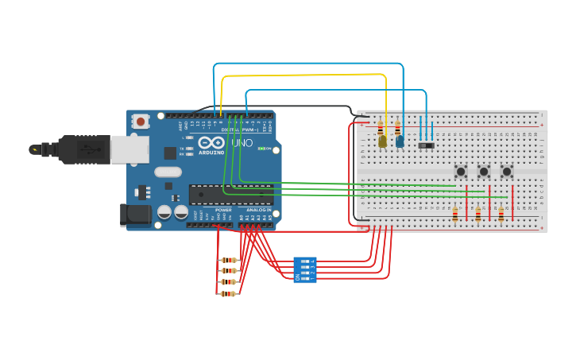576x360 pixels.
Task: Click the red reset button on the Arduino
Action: click(x=141, y=122)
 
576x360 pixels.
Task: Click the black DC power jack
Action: click(x=135, y=214)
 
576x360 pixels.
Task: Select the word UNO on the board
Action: click(x=242, y=144)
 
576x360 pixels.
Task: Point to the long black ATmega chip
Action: click(x=230, y=193)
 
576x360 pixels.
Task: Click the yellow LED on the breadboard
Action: click(x=382, y=141)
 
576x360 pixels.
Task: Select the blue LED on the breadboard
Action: click(x=400, y=141)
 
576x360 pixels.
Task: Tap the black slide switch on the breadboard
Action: click(x=427, y=145)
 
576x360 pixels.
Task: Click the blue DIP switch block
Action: click(x=305, y=269)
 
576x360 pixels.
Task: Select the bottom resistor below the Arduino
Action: click(x=229, y=293)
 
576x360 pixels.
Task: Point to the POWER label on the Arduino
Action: click(x=223, y=210)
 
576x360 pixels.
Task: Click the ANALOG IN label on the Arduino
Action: click(x=258, y=210)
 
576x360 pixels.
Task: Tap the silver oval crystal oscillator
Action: click(x=168, y=172)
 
